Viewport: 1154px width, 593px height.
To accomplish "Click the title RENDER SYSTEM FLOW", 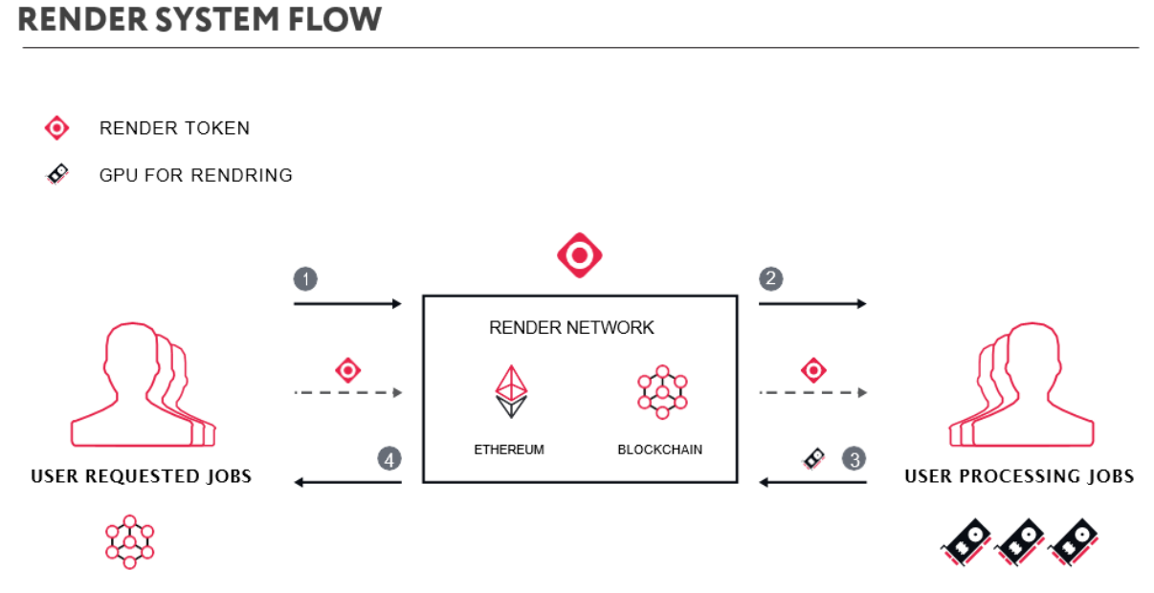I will [x=199, y=18].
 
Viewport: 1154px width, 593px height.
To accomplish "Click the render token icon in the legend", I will [x=57, y=128].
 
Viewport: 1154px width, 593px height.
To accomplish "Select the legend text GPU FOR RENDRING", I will [x=195, y=175].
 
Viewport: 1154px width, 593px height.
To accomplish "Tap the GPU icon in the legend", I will [x=57, y=174].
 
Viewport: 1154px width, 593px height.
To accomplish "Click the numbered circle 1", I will [x=305, y=279].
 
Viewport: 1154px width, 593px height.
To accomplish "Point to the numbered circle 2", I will [x=770, y=279].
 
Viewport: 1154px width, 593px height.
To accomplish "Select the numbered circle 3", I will [x=854, y=458].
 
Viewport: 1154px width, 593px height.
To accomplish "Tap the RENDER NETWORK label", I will [x=571, y=328].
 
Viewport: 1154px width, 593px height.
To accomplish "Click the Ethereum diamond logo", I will [x=510, y=391].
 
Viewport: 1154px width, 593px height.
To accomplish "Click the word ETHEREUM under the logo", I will [x=509, y=449].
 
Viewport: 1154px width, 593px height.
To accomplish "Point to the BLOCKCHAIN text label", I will [x=659, y=449].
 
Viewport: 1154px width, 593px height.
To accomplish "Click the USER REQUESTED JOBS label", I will [x=141, y=476].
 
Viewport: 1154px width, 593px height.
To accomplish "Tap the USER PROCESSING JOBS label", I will [x=1019, y=476].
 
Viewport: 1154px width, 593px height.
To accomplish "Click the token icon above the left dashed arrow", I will [x=347, y=370].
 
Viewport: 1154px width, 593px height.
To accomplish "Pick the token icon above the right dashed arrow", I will [x=813, y=370].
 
